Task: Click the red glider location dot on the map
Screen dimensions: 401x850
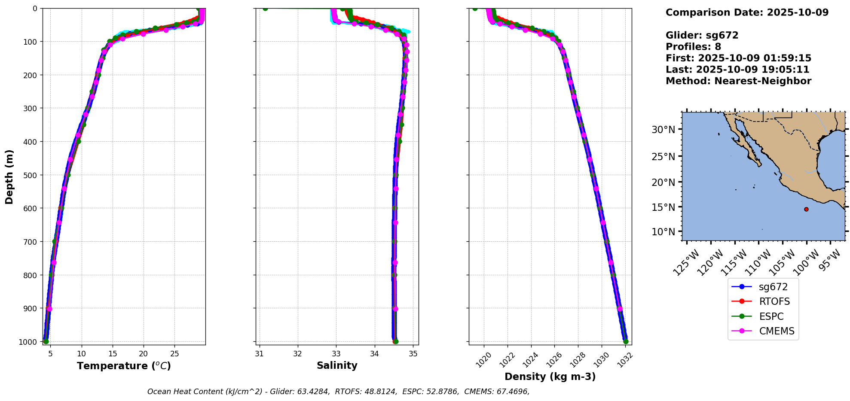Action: click(x=806, y=209)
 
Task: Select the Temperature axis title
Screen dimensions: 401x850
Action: click(x=124, y=366)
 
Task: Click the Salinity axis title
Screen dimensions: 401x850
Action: click(x=337, y=365)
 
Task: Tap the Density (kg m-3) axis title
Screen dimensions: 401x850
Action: click(x=550, y=377)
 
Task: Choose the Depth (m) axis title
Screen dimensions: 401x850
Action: click(x=9, y=176)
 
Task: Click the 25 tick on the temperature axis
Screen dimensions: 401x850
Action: click(x=174, y=354)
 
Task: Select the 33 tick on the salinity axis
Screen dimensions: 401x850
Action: click(x=336, y=354)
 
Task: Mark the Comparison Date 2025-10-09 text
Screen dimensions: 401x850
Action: click(x=747, y=12)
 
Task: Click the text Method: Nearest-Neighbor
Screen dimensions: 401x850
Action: click(x=738, y=81)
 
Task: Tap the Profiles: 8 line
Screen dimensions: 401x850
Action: click(x=693, y=47)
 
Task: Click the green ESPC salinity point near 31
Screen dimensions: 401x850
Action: click(x=265, y=9)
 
